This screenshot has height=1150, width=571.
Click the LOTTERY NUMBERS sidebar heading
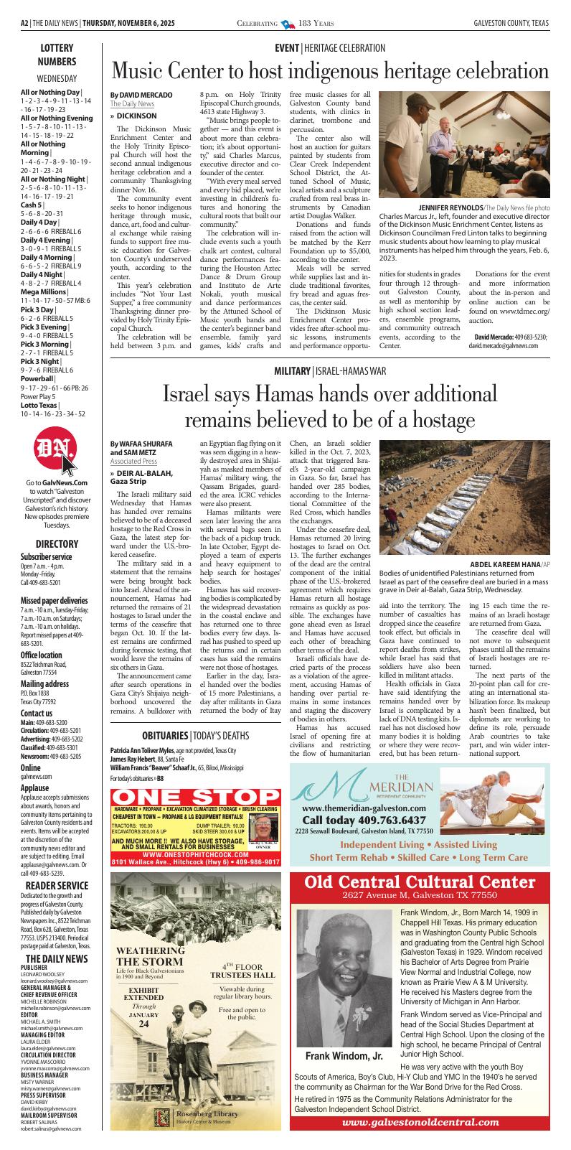(x=57, y=55)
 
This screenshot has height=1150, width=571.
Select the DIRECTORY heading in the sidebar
(x=57, y=544)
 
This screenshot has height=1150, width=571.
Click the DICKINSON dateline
(x=136, y=116)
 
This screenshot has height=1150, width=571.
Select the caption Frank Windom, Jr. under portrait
(x=344, y=1056)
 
